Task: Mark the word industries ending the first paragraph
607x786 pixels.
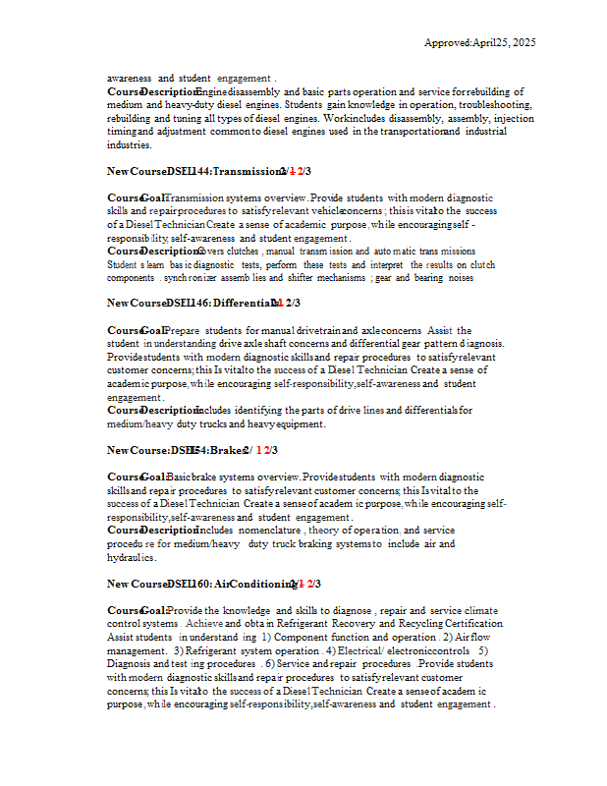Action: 129,144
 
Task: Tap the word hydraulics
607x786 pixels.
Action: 133,556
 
